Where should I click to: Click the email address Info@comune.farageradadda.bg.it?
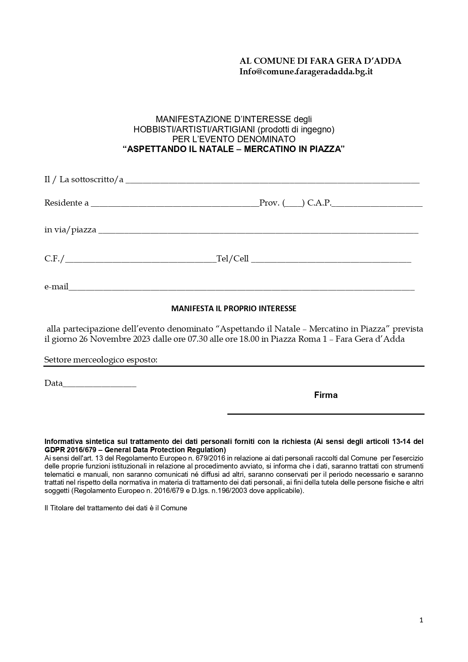coord(306,71)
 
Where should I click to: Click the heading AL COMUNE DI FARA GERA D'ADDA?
coord(320,61)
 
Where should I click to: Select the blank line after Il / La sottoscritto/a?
coord(272,181)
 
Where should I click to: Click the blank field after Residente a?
coord(175,204)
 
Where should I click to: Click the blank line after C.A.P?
coord(377,204)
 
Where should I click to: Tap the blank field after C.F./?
coord(140,260)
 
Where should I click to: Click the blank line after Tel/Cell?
coord(331,260)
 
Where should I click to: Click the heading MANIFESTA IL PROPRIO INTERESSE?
coord(234,309)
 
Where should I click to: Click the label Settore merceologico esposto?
coord(101,360)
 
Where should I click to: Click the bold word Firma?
coord(326,395)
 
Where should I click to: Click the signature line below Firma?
coord(326,413)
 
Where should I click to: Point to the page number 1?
coord(421,620)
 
